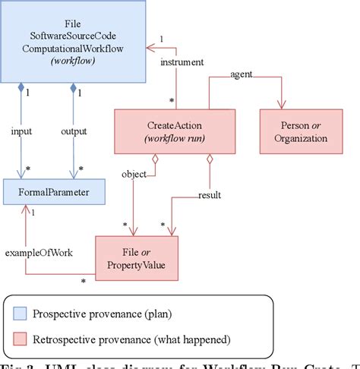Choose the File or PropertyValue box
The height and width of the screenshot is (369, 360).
pos(137,257)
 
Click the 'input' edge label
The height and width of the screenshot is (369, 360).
pos(21,130)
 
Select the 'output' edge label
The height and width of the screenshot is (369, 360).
pos(74,130)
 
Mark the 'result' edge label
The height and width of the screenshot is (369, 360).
pos(209,195)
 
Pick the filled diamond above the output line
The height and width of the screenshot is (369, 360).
pos(74,87)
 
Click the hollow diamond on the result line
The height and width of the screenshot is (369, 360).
pos(210,159)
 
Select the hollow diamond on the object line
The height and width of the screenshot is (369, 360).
pos(155,159)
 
